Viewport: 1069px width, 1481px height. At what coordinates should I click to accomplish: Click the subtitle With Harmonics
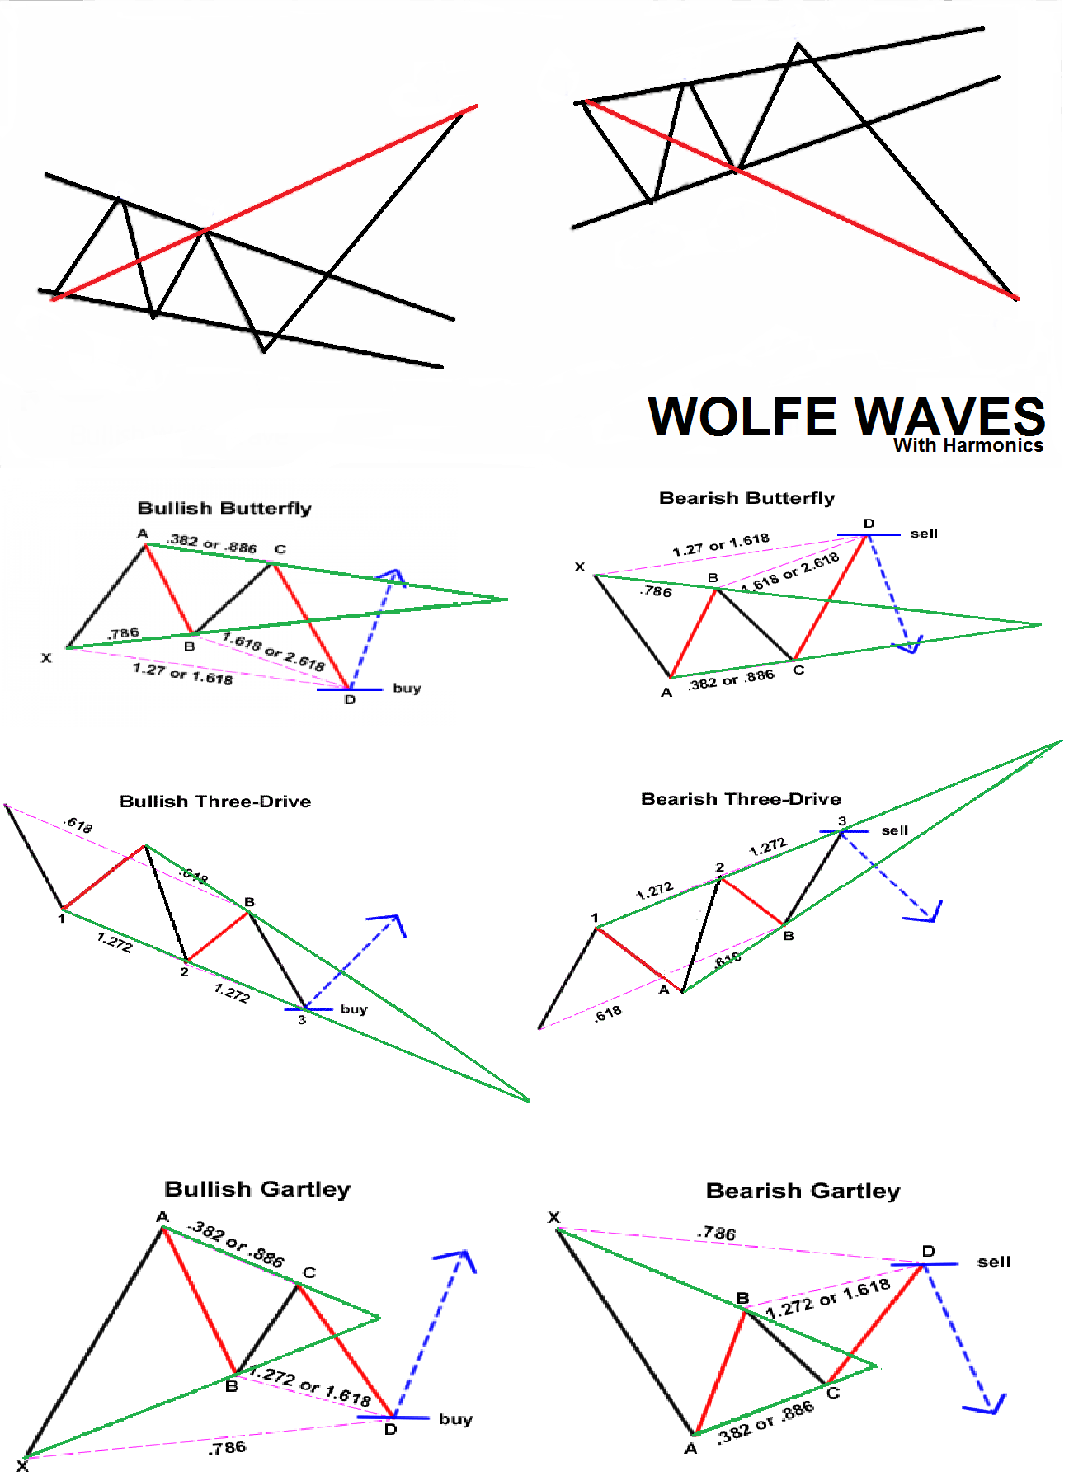tap(968, 445)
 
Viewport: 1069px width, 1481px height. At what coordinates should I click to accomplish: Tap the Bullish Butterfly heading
tap(224, 508)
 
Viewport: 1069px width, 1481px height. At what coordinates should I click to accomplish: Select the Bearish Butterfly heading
tap(746, 498)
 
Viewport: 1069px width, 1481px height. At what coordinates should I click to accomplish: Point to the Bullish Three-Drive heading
tap(215, 802)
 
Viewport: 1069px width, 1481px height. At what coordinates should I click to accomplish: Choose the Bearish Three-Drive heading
tap(741, 799)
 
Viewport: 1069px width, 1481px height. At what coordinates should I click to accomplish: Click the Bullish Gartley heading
tap(257, 1189)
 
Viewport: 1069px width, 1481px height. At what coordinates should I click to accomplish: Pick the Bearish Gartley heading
tap(803, 1191)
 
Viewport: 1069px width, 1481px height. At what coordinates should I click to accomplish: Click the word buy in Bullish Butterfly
tap(407, 688)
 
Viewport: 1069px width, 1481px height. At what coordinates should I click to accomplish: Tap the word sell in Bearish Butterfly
tap(924, 534)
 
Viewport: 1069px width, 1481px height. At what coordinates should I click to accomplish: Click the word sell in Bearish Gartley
tap(994, 1262)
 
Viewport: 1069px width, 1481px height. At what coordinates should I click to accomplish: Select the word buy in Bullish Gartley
tap(455, 1419)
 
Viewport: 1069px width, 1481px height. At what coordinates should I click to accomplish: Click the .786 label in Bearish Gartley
tap(716, 1233)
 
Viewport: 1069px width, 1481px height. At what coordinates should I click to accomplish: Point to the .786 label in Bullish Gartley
tap(227, 1447)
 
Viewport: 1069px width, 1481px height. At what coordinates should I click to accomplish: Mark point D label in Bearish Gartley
tap(929, 1251)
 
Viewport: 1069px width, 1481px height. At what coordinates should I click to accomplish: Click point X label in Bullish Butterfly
tap(46, 658)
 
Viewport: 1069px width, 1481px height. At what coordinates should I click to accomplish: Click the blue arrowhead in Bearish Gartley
tap(990, 1405)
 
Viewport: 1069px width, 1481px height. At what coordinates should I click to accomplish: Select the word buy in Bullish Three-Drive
tap(354, 1009)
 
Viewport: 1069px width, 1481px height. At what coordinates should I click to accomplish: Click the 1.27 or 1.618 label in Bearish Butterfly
tap(721, 544)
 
